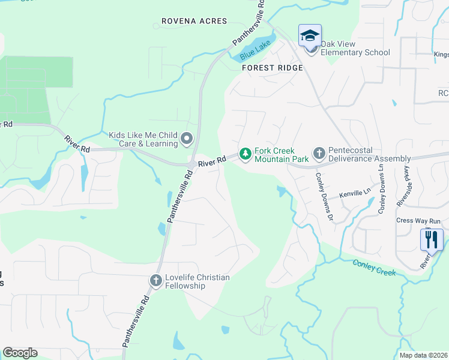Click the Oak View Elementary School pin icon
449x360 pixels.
310,37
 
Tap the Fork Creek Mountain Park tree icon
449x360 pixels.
245,154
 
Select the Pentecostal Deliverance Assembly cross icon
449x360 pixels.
319,154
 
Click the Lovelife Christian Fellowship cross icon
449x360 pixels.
155,280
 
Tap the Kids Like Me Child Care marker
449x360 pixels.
187,139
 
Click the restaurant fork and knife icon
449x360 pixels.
432,240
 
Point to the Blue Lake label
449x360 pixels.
252,52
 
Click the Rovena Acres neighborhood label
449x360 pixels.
194,21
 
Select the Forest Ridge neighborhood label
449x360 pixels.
268,68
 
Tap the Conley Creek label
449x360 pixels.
374,268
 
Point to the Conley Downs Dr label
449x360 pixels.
324,197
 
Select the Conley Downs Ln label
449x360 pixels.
381,189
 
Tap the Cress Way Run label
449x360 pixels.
418,221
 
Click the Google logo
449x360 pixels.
20,353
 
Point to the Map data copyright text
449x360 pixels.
424,355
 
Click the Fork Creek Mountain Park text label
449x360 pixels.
281,154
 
